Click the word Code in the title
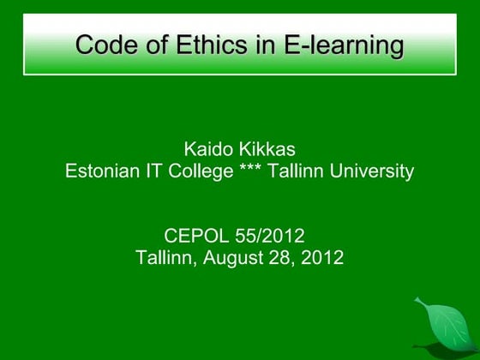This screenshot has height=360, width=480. (x=105, y=45)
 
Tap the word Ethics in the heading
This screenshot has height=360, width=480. (x=202, y=45)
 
